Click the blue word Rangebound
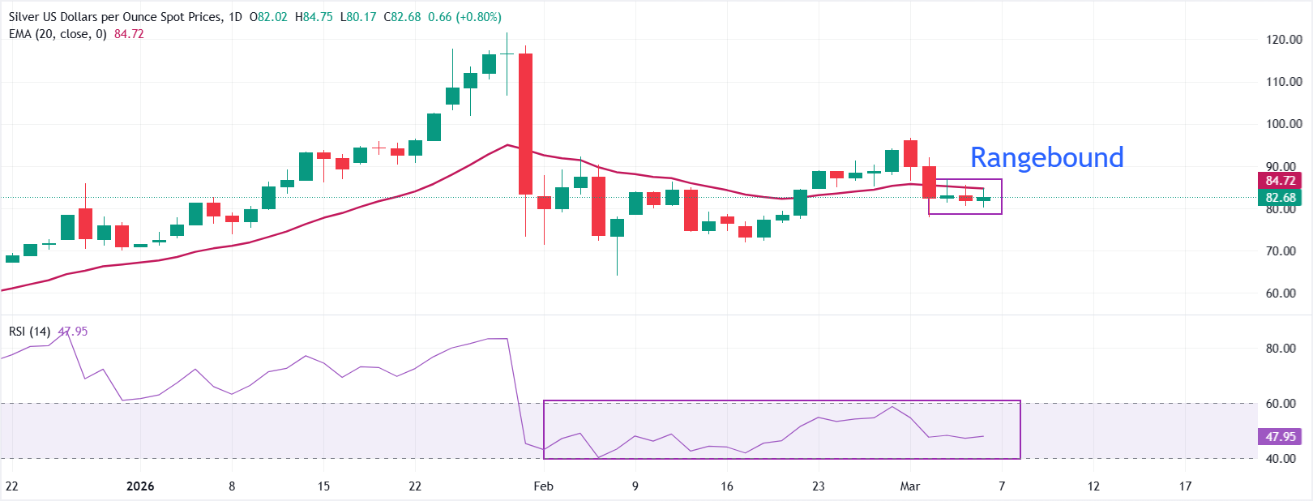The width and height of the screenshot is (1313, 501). [x=1046, y=157]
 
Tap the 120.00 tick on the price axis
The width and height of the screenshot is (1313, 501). [x=1284, y=39]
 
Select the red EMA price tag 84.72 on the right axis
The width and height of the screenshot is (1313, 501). [x=1281, y=181]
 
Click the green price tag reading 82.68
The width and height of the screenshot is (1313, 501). [x=1281, y=198]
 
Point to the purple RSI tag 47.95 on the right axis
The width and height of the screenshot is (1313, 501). [x=1281, y=437]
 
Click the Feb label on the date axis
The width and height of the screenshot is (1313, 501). [x=543, y=486]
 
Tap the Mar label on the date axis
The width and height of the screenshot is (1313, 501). [x=910, y=486]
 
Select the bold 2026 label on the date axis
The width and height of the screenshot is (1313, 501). [x=140, y=486]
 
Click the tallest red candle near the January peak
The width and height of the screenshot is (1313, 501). [x=525, y=123]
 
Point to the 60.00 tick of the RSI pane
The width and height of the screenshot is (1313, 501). [x=1281, y=404]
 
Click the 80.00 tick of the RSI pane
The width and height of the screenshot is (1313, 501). [x=1281, y=349]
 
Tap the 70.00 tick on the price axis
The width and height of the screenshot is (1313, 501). [x=1284, y=251]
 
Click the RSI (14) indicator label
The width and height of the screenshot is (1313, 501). [x=30, y=332]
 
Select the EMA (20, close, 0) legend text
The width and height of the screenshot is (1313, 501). [x=58, y=34]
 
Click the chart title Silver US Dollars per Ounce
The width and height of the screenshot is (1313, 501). [x=113, y=17]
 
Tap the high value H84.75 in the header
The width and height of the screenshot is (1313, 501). [x=314, y=17]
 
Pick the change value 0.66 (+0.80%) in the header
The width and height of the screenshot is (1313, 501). [x=464, y=17]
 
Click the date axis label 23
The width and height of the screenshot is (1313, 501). [x=819, y=486]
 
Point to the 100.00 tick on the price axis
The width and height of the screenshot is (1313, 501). [x=1284, y=124]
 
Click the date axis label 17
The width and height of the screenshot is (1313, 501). [x=1185, y=486]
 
